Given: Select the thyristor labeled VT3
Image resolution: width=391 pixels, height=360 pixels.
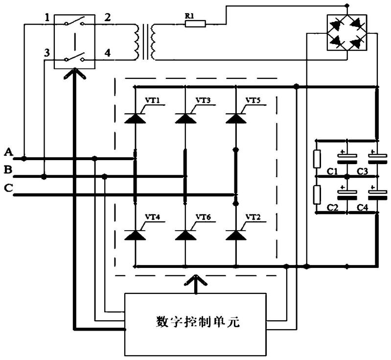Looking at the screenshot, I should tap(185, 118).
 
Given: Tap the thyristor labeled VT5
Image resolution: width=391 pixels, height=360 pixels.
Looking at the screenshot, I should tap(236, 118).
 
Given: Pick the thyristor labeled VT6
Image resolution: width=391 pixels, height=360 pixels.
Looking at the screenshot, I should tap(185, 235).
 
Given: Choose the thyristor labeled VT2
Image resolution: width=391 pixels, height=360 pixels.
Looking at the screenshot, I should tap(236, 235).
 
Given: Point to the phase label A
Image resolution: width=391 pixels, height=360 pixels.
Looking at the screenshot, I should tap(8, 152).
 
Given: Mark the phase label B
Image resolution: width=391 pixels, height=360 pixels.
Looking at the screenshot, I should tap(8, 170).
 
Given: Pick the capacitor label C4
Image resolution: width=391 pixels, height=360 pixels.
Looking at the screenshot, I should tap(362, 208).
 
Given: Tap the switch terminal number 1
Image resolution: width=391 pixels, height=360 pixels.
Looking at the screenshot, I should tap(47, 19).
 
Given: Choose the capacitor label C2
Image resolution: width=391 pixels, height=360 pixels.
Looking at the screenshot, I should tap(333, 208).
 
